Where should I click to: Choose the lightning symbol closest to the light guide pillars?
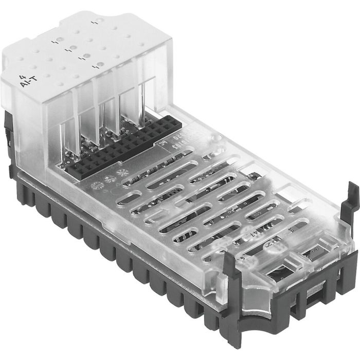coord(95,66)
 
